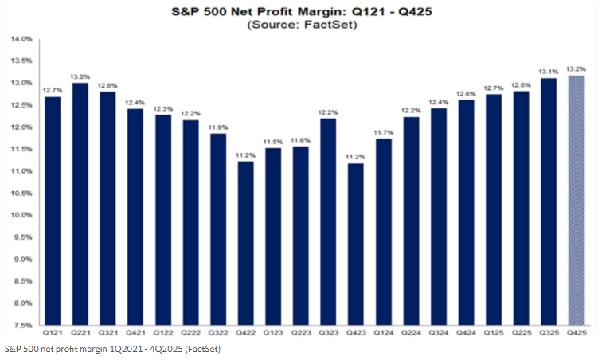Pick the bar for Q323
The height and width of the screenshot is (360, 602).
click(328, 222)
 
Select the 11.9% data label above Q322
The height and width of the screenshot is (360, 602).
click(218, 127)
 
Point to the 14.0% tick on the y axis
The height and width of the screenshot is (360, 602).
click(21, 39)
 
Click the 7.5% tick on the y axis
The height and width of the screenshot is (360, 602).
click(23, 326)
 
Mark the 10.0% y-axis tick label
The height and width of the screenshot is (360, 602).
click(21, 216)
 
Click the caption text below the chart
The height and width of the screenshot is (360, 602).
click(112, 349)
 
